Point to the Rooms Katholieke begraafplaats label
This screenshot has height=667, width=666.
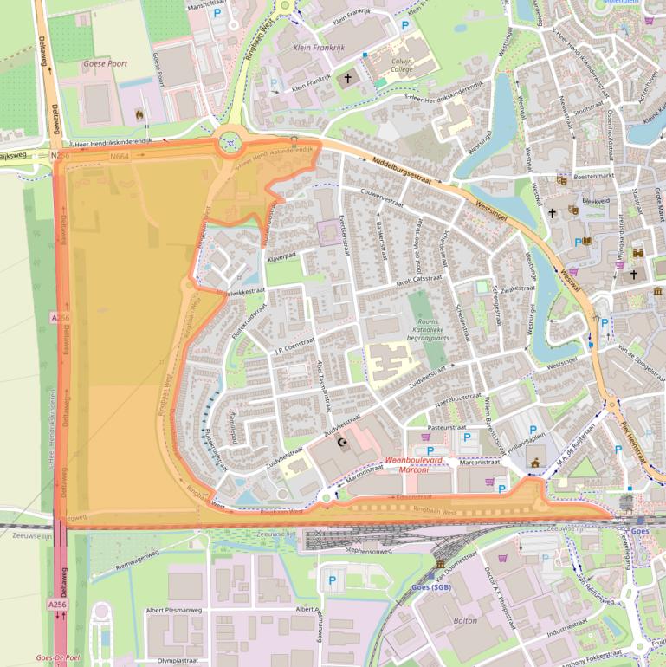423,328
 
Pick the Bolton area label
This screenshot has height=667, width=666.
466,621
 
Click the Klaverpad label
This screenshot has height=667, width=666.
282,257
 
